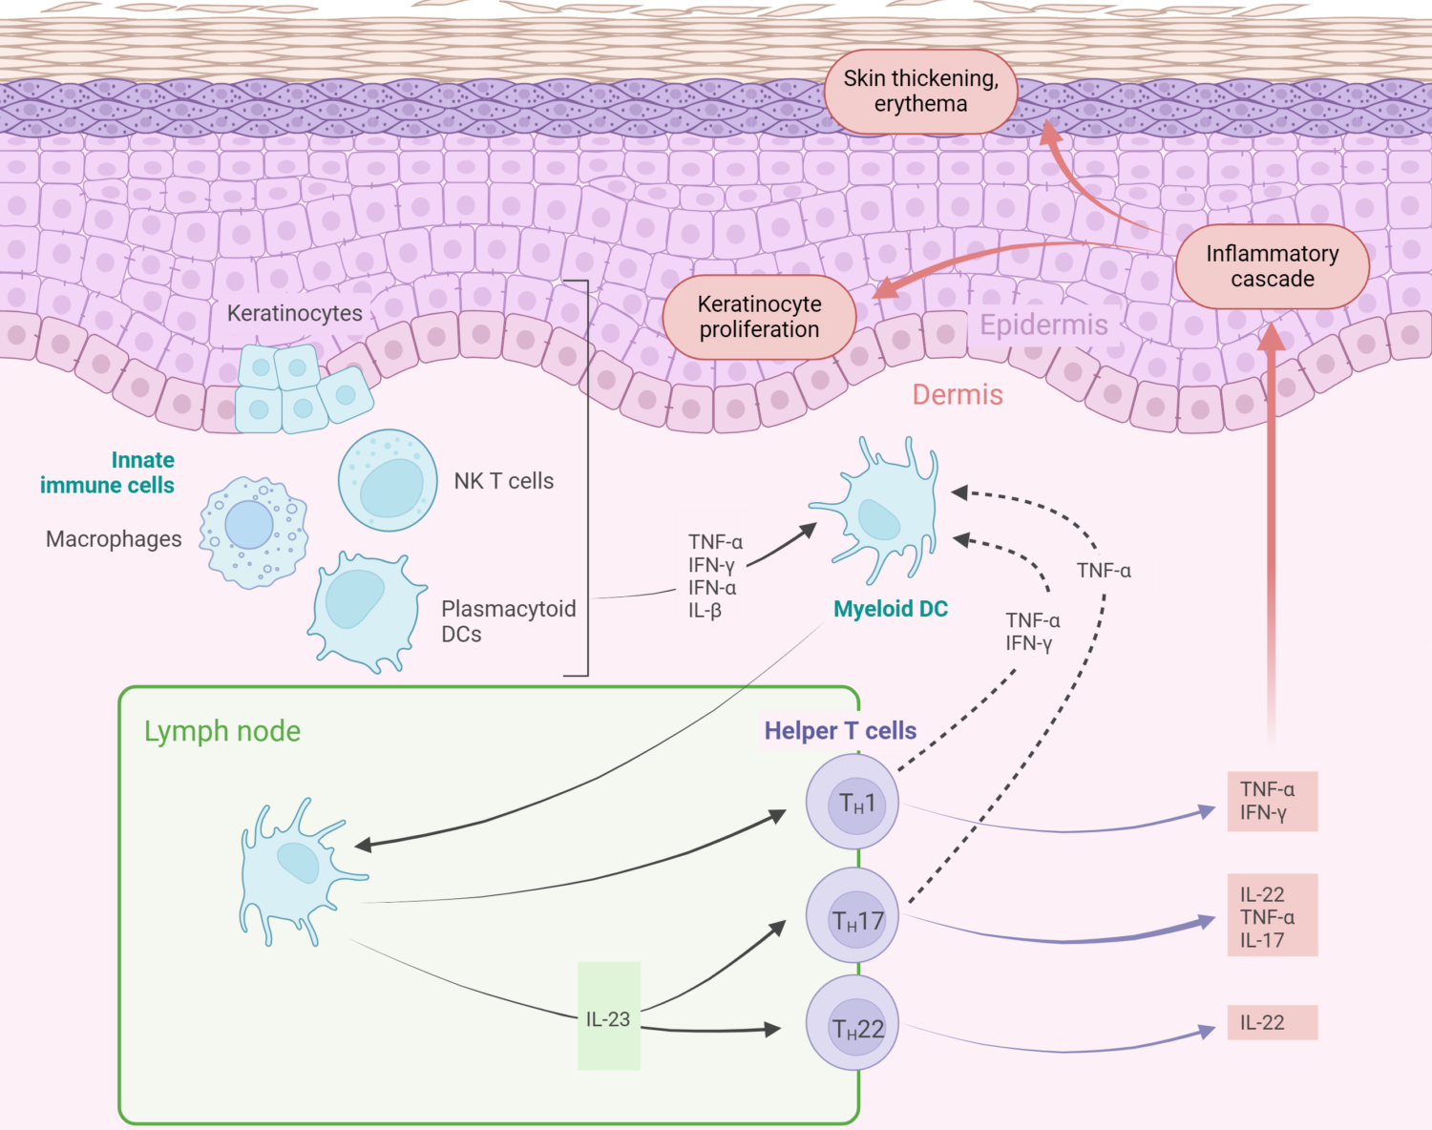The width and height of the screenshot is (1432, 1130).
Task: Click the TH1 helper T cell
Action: tap(853, 803)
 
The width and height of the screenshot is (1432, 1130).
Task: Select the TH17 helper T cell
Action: tap(853, 919)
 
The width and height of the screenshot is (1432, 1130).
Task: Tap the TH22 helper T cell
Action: tap(853, 1027)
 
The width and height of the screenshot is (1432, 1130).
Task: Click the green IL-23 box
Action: tap(609, 1016)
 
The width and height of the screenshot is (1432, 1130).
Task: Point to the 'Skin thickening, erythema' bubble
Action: tap(920, 92)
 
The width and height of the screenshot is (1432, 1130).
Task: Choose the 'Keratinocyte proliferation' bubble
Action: tap(759, 317)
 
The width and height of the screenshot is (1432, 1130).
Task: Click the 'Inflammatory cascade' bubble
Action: tap(1272, 266)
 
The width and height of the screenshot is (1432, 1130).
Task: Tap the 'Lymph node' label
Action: tap(222, 731)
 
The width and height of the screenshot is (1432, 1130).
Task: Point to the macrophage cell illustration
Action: tap(252, 531)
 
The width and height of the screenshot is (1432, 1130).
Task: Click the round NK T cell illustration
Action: tap(388, 480)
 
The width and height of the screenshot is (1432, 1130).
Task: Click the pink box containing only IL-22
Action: tap(1272, 1022)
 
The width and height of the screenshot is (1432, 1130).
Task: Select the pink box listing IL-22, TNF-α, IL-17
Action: tap(1272, 915)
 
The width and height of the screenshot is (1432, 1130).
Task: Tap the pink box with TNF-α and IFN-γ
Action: tap(1272, 801)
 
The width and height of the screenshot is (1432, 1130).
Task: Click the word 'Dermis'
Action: tap(958, 394)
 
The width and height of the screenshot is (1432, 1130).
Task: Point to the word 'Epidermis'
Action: tap(1043, 324)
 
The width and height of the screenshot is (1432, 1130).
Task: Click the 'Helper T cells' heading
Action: tap(840, 731)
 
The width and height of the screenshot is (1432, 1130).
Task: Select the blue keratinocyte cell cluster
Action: tap(298, 388)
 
